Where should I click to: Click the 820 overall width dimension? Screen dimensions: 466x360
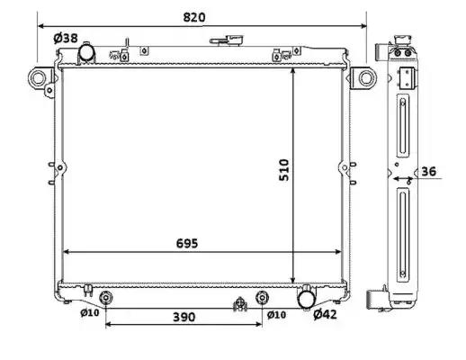pyautogui.click(x=194, y=17)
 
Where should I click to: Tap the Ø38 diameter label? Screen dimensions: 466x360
pyautogui.click(x=66, y=38)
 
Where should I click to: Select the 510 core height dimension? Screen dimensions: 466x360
pyautogui.click(x=284, y=170)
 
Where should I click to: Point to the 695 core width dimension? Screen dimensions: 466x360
pyautogui.click(x=187, y=243)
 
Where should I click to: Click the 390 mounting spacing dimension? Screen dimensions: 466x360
pyautogui.click(x=184, y=317)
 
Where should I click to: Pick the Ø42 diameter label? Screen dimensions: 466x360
pyautogui.click(x=325, y=314)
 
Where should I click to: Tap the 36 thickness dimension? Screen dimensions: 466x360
pyautogui.click(x=429, y=171)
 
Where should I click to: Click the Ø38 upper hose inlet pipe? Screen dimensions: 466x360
pyautogui.click(x=86, y=52)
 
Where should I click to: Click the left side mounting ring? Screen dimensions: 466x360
pyautogui.click(x=38, y=78)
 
